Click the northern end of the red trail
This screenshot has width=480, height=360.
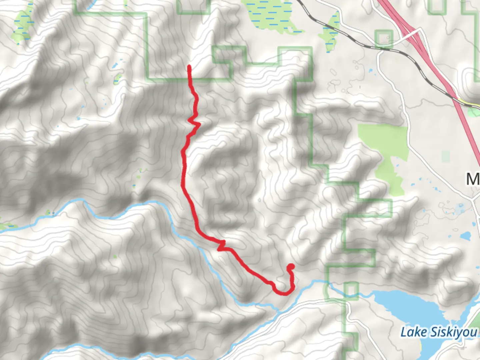point(189,68)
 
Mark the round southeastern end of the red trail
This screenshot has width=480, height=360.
point(291,267)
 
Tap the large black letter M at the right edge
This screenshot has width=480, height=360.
point(473,179)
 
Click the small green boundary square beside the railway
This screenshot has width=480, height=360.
point(384,38)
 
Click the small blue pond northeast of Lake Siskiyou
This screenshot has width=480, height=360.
point(465,236)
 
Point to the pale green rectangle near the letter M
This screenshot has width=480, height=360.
point(446,156)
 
